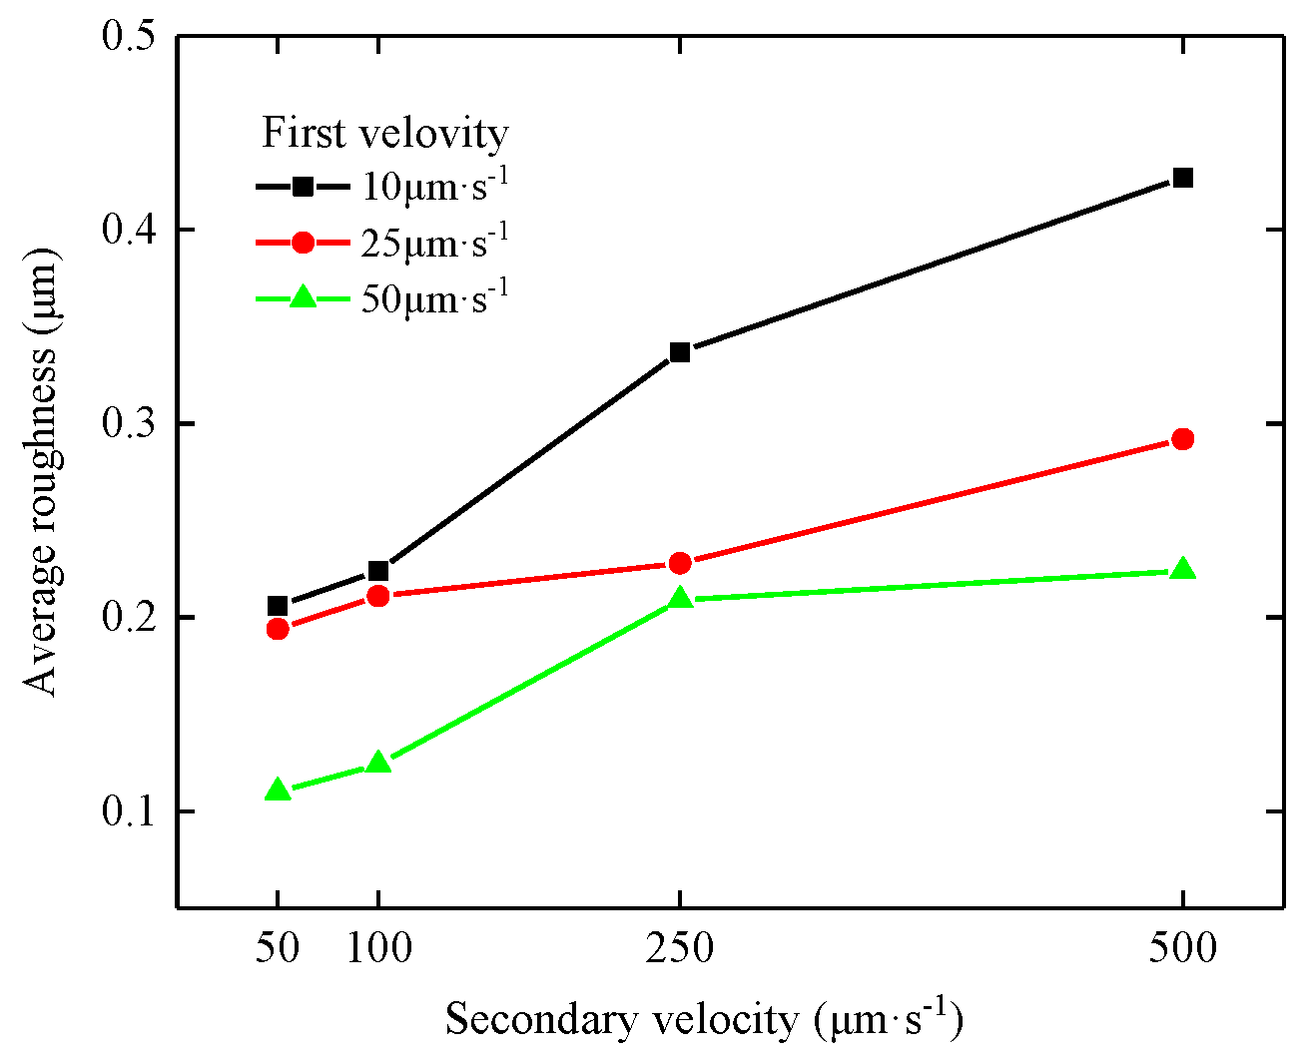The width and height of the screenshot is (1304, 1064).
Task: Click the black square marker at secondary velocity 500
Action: (1182, 178)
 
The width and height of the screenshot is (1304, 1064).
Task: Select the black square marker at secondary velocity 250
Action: (680, 352)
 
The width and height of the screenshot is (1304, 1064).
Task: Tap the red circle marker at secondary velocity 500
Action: (1182, 439)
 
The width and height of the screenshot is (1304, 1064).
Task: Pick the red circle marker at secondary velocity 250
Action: (680, 563)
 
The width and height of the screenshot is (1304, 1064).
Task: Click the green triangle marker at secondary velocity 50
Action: (278, 791)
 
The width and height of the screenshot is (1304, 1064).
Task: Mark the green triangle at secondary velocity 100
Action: (378, 764)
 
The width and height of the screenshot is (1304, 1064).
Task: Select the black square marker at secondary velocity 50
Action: (278, 606)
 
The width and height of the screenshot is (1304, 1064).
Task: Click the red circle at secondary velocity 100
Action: (378, 596)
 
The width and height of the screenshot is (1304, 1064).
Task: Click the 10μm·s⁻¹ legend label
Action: (435, 187)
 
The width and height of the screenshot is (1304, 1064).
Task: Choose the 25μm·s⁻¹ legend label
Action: (435, 243)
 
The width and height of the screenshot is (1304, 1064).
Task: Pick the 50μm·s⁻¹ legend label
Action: (435, 298)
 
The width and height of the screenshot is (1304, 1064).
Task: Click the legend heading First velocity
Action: (384, 133)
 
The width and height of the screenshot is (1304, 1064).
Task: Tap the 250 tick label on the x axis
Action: (680, 948)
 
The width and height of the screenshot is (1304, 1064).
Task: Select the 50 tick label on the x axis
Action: (278, 948)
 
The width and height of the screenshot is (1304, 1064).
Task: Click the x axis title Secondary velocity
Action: (703, 1020)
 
